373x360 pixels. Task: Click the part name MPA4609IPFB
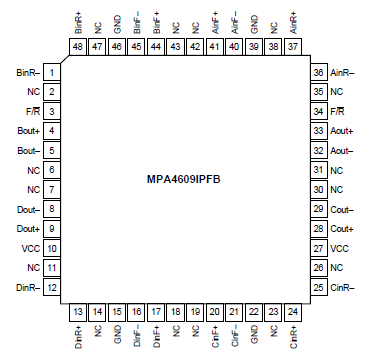(x=186, y=180)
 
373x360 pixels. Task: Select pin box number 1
(x=51, y=72)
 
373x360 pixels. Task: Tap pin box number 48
(x=78, y=46)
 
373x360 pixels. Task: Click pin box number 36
(x=319, y=72)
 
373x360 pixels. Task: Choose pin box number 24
(x=293, y=313)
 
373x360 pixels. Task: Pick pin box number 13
(x=78, y=313)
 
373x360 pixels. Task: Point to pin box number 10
(x=51, y=248)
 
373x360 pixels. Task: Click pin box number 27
(x=319, y=248)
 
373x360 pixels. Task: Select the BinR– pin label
(x=27, y=72)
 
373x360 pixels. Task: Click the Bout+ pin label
(x=28, y=131)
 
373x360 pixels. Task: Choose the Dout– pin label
(x=28, y=209)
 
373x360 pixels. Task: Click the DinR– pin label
(x=27, y=288)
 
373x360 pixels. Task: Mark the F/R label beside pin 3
(x=33, y=111)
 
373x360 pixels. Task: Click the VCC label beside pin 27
(x=339, y=248)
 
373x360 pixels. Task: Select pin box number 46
(x=117, y=46)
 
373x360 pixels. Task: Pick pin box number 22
(x=254, y=313)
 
